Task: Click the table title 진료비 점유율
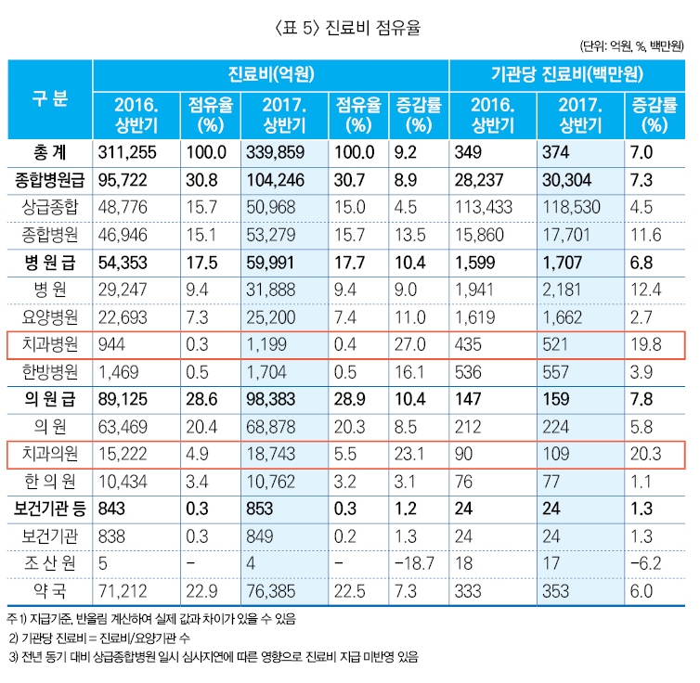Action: [349, 28]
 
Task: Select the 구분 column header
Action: [49, 99]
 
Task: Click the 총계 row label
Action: [49, 152]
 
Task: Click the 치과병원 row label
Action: [47, 345]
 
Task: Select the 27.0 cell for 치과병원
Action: [408, 345]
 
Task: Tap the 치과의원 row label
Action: [47, 455]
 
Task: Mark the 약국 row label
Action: [49, 591]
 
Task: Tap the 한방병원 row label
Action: [47, 372]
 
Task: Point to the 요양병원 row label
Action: [47, 317]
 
